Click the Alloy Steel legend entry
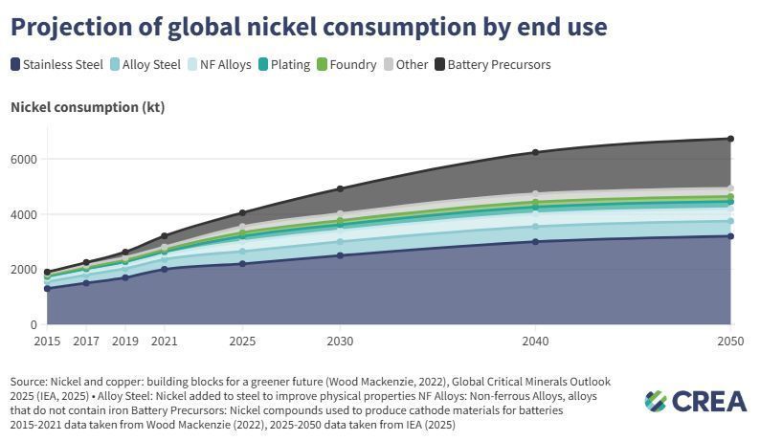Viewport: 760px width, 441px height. coord(144,65)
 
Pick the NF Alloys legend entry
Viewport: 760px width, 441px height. coord(218,65)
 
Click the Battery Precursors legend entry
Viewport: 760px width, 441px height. coord(492,65)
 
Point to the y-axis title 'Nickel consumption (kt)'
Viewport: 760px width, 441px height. coord(87,107)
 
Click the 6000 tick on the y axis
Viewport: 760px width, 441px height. coord(23,159)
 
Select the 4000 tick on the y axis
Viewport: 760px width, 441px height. coord(23,214)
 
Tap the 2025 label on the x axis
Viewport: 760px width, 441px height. coord(242,341)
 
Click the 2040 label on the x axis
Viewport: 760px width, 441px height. coord(535,341)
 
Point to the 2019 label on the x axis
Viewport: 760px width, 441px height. coord(125,341)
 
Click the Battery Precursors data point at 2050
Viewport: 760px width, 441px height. coord(730,139)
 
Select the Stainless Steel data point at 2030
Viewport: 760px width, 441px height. coord(340,255)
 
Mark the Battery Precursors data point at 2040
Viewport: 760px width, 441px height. coord(535,152)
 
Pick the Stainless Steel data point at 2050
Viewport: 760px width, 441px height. coord(730,236)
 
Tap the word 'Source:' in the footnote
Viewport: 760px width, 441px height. coord(32,382)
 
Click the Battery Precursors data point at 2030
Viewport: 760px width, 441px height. coord(340,188)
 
